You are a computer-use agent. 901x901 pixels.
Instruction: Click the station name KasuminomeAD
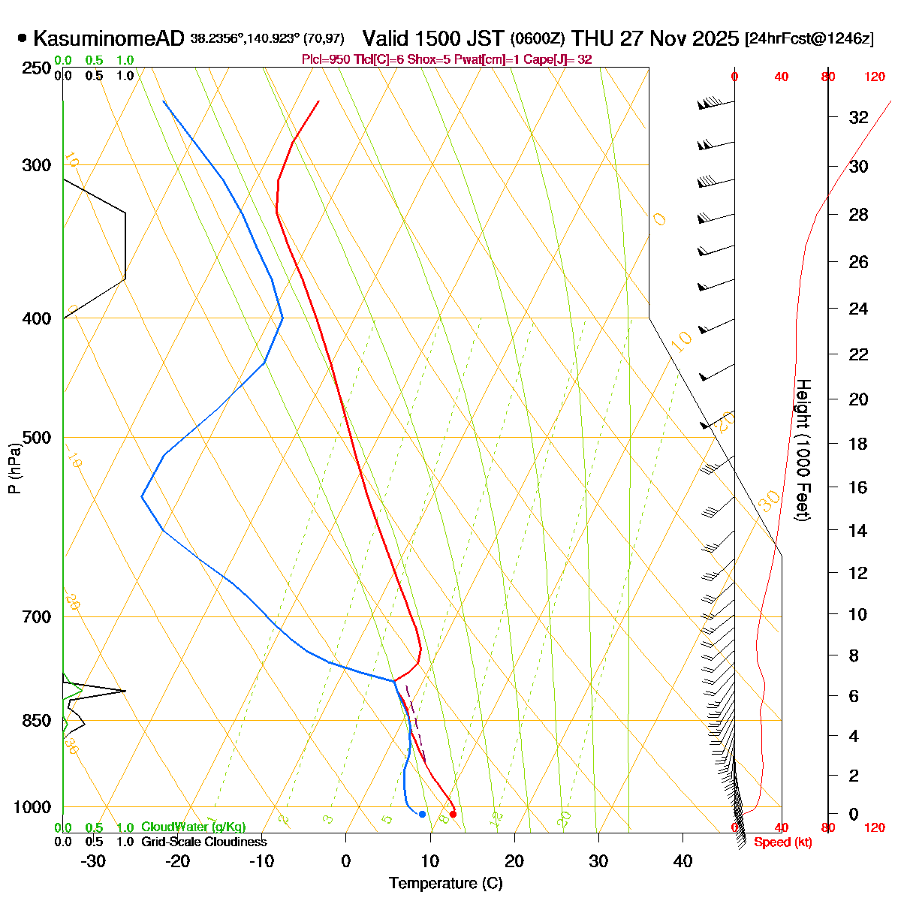[x=110, y=38]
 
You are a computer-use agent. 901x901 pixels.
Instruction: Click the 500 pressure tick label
[x=38, y=438]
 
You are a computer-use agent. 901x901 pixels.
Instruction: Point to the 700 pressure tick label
[x=38, y=617]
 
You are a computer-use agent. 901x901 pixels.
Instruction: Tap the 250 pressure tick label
[x=38, y=68]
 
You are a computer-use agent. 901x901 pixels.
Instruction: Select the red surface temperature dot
[x=453, y=814]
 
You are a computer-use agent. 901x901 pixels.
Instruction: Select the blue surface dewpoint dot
[x=422, y=814]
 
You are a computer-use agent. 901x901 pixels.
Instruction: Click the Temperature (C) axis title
[x=445, y=884]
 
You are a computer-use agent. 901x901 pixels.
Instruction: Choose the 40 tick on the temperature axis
[x=683, y=861]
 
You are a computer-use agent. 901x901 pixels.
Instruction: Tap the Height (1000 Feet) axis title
[x=803, y=450]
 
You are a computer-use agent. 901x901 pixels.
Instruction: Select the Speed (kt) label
[x=783, y=842]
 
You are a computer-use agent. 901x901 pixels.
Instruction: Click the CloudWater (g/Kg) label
[x=193, y=827]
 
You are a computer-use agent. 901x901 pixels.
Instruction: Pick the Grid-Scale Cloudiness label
[x=203, y=842]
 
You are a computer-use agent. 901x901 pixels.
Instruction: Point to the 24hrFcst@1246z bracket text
[x=809, y=39]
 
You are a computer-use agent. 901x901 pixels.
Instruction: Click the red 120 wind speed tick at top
[x=874, y=77]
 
